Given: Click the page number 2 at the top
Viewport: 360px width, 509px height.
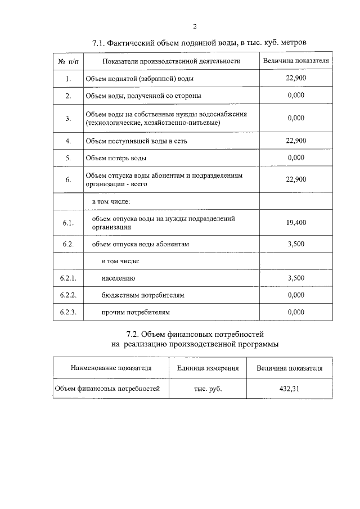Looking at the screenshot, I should pyautogui.click(x=195, y=26).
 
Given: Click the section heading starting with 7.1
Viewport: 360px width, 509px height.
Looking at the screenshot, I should pyautogui.click(x=199, y=43).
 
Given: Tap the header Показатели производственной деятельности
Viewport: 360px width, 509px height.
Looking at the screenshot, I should pyautogui.click(x=171, y=61).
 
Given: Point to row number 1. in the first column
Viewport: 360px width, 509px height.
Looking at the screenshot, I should pyautogui.click(x=67, y=79).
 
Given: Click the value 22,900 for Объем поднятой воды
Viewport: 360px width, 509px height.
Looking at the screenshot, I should pyautogui.click(x=295, y=78).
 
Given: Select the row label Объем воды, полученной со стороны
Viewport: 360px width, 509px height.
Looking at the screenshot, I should pyautogui.click(x=143, y=96).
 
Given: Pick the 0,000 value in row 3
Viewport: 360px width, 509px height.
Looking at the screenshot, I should pyautogui.click(x=295, y=118).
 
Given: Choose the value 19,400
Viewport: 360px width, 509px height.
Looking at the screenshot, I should pyautogui.click(x=295, y=222).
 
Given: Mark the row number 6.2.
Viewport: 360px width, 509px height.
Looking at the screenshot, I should pyautogui.click(x=68, y=244).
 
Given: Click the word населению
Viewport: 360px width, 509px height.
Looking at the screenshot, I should pyautogui.click(x=118, y=278).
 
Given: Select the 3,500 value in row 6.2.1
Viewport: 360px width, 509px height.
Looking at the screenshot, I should pyautogui.click(x=295, y=278).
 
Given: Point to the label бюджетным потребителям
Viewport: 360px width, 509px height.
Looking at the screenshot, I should pyautogui.click(x=143, y=295).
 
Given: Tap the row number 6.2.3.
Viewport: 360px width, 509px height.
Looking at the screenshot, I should pyautogui.click(x=68, y=312).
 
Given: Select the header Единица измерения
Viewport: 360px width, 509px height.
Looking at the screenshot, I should pyautogui.click(x=208, y=368).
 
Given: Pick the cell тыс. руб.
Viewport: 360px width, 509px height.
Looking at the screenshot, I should pyautogui.click(x=208, y=389).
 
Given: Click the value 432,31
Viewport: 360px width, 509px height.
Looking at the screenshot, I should pyautogui.click(x=289, y=389).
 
